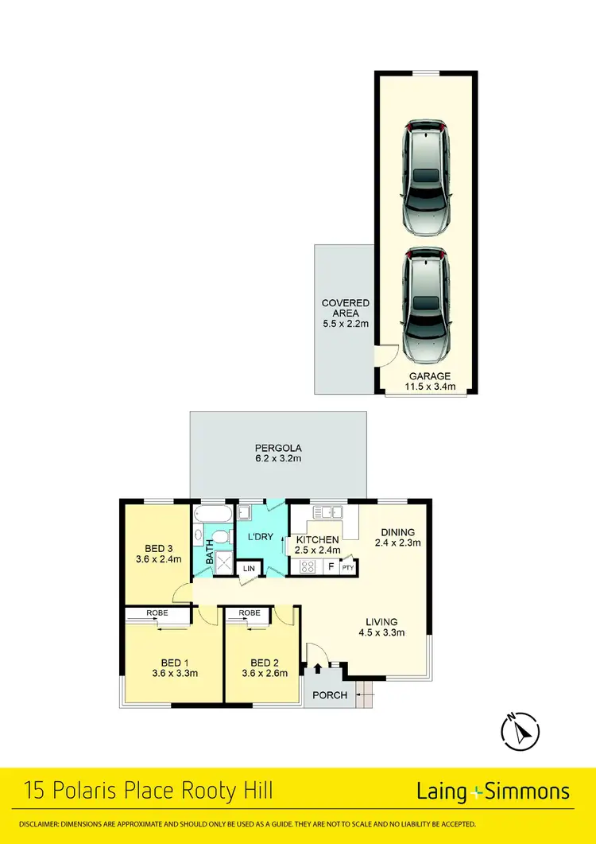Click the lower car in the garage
[427, 305]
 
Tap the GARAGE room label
[430, 376]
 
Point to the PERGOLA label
[278, 447]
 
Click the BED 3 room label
[159, 548]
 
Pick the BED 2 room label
[264, 663]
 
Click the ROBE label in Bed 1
[157, 613]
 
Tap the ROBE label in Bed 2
[250, 613]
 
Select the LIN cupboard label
[249, 568]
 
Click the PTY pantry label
[347, 568]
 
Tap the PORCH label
[330, 694]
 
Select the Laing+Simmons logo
[493, 791]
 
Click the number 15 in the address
[36, 791]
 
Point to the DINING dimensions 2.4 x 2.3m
[397, 543]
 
